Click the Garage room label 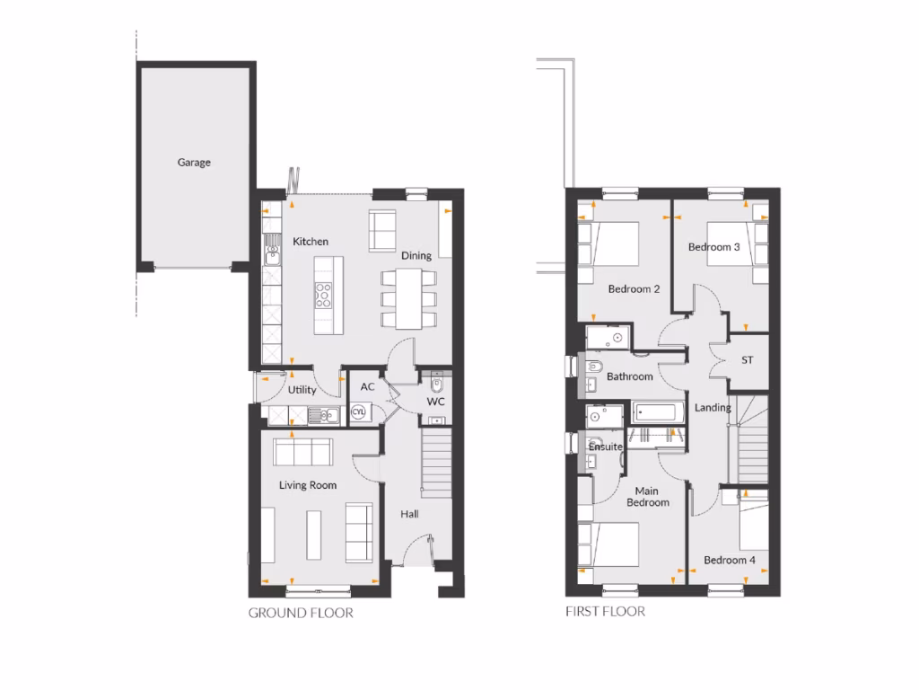tap(194, 163)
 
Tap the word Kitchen tap(311, 242)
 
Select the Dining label tap(416, 256)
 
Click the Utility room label tap(302, 390)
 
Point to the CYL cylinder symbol tap(359, 411)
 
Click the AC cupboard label tap(366, 386)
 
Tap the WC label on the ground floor tap(435, 402)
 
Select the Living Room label tap(308, 485)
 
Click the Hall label tap(410, 514)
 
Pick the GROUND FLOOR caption tap(301, 614)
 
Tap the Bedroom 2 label tap(634, 289)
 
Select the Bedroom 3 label tap(714, 246)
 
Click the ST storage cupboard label tap(747, 360)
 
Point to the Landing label tap(713, 408)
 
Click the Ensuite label tap(606, 447)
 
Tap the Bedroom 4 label tap(730, 560)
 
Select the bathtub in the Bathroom tap(657, 413)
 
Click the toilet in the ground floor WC tap(437, 384)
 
